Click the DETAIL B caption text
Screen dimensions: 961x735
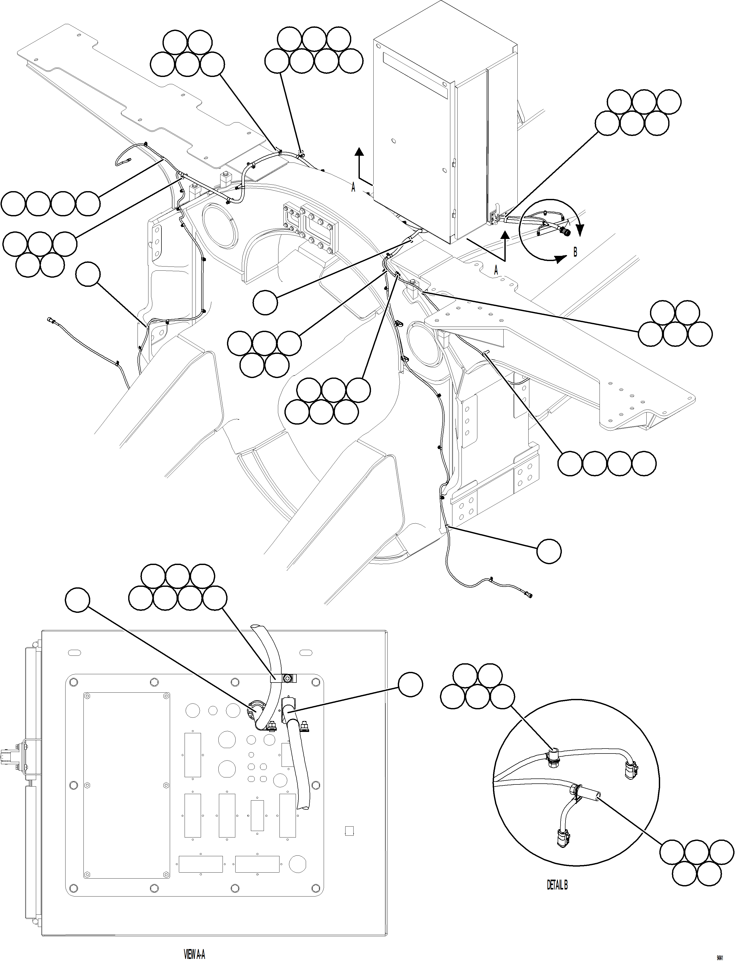(557, 885)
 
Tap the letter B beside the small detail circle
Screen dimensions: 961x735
(575, 252)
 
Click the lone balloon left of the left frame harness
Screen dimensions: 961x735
(88, 275)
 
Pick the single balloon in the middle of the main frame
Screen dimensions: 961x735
(265, 303)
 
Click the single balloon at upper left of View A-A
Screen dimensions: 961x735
(77, 601)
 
